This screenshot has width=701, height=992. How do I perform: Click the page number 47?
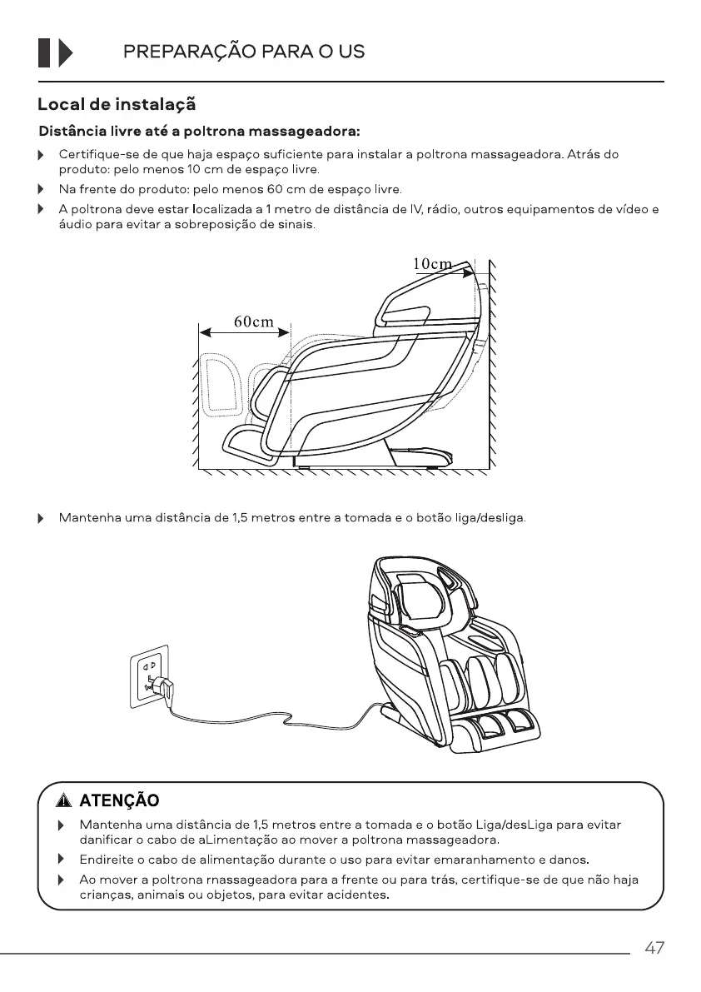click(x=654, y=948)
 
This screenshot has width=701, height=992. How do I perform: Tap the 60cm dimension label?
click(x=253, y=322)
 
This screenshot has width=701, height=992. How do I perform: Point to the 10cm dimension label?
click(x=433, y=264)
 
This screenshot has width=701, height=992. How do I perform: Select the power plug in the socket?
click(x=164, y=689)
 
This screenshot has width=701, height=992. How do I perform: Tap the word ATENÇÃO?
click(x=118, y=801)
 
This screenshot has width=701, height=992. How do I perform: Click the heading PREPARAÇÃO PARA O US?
click(x=244, y=52)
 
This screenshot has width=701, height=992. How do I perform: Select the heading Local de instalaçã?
click(x=117, y=105)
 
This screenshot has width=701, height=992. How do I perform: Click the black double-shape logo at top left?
click(x=55, y=52)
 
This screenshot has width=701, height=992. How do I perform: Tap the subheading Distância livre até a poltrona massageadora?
click(x=200, y=132)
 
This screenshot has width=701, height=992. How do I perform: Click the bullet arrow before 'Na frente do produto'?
click(x=40, y=190)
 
